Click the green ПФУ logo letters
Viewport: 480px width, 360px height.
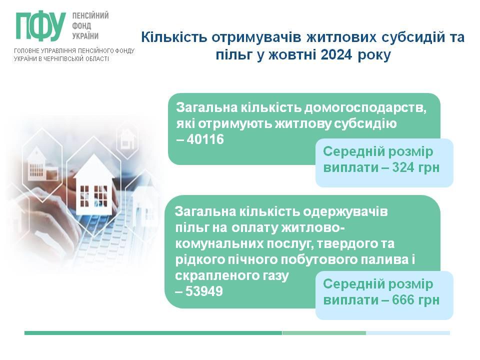pos(41,26)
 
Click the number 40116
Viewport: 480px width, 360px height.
pos(205,139)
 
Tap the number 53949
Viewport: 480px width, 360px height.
pos(204,291)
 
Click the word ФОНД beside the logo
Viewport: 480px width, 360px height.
pos(81,26)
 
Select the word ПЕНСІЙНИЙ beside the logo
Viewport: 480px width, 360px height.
pos(90,15)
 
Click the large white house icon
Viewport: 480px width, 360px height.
pos(94,185)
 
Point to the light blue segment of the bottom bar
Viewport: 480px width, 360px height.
pos(408,333)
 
